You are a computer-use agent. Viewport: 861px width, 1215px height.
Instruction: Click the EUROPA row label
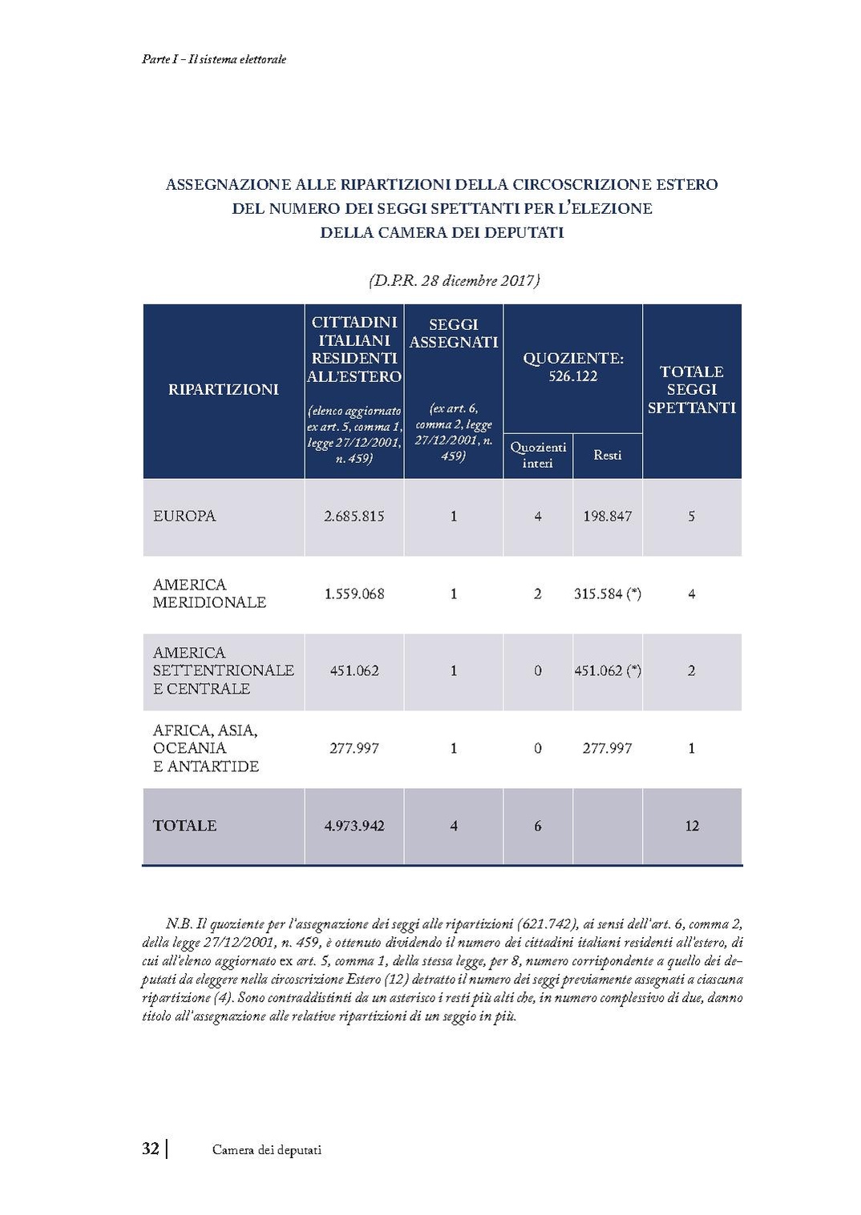pyautogui.click(x=184, y=517)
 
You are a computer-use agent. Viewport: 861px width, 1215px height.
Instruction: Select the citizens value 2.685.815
pyautogui.click(x=354, y=517)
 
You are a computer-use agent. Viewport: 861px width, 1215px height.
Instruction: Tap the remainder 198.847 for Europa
pyautogui.click(x=607, y=517)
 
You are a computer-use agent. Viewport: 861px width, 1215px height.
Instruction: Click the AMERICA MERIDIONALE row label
pyautogui.click(x=208, y=593)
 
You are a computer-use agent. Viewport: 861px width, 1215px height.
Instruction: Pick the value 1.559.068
pyautogui.click(x=354, y=594)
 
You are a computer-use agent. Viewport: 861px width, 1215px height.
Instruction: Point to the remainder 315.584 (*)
pyautogui.click(x=607, y=594)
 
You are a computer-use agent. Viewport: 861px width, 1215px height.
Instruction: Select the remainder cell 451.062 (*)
pyautogui.click(x=607, y=671)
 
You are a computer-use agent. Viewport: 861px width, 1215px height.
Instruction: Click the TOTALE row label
pyautogui.click(x=184, y=826)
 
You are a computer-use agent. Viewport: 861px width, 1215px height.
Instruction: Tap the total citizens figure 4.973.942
pyautogui.click(x=354, y=826)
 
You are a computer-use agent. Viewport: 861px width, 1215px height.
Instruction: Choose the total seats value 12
pyautogui.click(x=692, y=826)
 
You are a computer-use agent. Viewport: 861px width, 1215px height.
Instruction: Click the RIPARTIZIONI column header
pyautogui.click(x=223, y=390)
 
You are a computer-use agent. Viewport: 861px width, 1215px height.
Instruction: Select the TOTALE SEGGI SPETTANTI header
pyautogui.click(x=692, y=390)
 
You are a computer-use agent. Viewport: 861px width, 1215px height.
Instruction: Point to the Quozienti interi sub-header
pyautogui.click(x=537, y=455)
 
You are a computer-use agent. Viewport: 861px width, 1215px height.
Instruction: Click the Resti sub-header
pyautogui.click(x=607, y=455)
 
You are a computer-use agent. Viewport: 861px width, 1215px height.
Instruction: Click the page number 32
pyautogui.click(x=150, y=1149)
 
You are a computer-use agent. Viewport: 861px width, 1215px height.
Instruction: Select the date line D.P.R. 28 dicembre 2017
pyautogui.click(x=454, y=281)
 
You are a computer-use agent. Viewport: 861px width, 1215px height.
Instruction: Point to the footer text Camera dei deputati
pyautogui.click(x=267, y=1150)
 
